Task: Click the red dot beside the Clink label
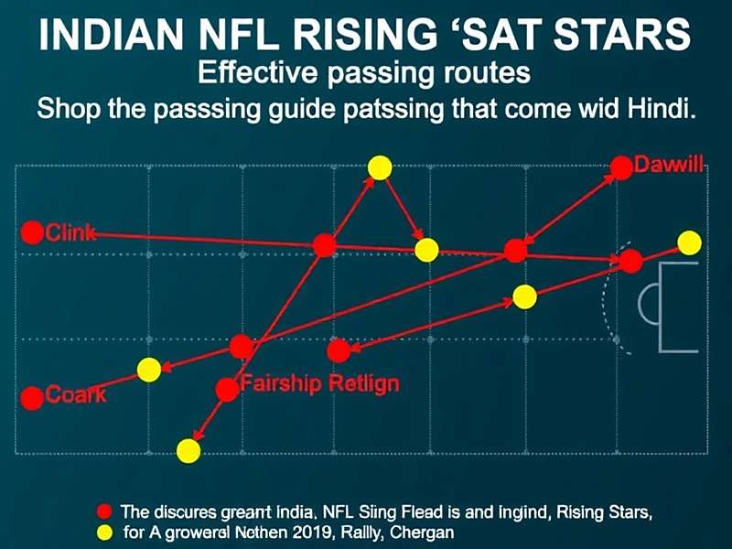(x=32, y=232)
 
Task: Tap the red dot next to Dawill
(x=621, y=167)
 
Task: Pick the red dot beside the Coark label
(x=32, y=398)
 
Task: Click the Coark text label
(x=76, y=396)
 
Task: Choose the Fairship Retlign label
(x=319, y=382)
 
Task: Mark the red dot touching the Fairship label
(x=227, y=390)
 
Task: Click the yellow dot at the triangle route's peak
(x=380, y=167)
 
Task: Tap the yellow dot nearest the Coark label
(x=148, y=370)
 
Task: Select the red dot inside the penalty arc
(x=630, y=262)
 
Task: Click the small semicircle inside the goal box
(x=648, y=305)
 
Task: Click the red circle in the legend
(x=104, y=511)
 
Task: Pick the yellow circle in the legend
(x=104, y=533)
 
